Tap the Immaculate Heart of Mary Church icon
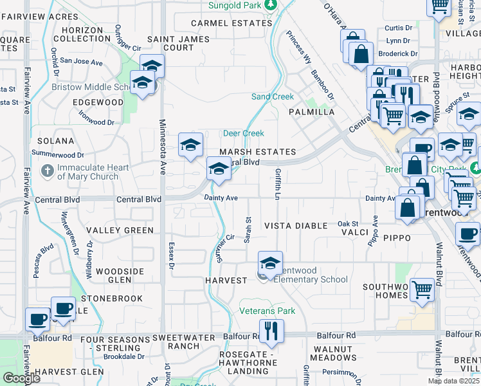point(47,172)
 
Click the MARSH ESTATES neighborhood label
point(257,152)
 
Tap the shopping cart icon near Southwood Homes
point(422,290)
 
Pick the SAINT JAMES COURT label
point(170,43)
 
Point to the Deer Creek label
point(243,133)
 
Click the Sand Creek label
point(272,96)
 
